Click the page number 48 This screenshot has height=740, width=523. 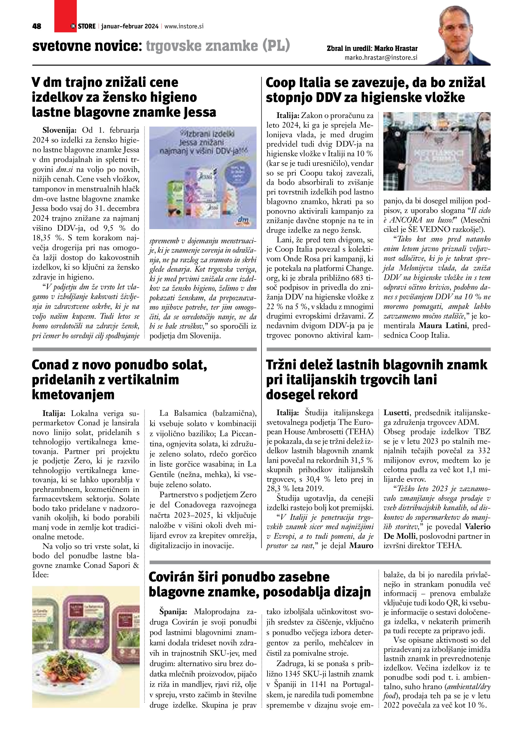[x=37, y=26]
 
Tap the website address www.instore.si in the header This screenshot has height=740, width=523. [x=184, y=26]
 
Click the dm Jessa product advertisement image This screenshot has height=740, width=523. [x=203, y=177]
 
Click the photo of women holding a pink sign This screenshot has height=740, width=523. [x=437, y=151]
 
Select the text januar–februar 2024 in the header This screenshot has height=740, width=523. [x=130, y=26]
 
